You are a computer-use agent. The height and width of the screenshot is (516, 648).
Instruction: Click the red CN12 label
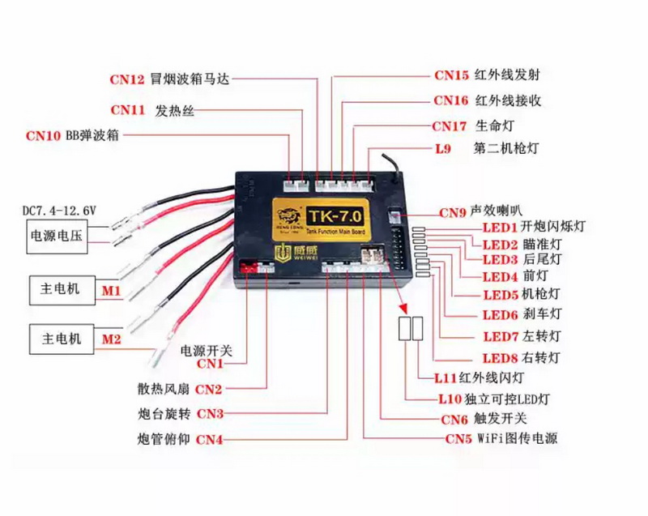click(127, 79)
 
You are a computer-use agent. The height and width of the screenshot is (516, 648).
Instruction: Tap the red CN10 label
click(43, 135)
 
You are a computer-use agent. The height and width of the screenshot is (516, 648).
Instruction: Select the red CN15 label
click(451, 75)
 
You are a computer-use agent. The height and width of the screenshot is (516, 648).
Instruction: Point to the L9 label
click(443, 149)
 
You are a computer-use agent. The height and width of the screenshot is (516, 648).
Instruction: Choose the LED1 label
click(500, 228)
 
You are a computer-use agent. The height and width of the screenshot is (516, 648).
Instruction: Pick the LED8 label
click(500, 358)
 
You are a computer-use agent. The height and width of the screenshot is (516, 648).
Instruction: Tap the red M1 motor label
click(111, 291)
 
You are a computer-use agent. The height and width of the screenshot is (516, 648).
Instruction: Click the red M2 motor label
click(111, 339)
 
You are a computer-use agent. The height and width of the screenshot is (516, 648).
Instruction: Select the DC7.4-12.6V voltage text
click(59, 211)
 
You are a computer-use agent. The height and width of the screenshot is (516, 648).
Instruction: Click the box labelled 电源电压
click(57, 237)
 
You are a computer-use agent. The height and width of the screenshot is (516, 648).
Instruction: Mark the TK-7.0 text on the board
click(335, 216)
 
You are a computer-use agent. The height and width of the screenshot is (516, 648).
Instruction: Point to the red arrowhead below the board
click(403, 308)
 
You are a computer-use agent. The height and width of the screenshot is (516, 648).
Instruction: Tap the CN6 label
click(454, 420)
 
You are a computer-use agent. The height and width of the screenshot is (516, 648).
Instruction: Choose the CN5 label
click(458, 439)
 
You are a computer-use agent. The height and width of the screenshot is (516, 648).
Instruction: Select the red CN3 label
click(210, 414)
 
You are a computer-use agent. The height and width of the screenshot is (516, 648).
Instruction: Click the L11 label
click(446, 377)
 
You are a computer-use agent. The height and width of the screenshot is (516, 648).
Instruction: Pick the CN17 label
click(450, 126)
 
